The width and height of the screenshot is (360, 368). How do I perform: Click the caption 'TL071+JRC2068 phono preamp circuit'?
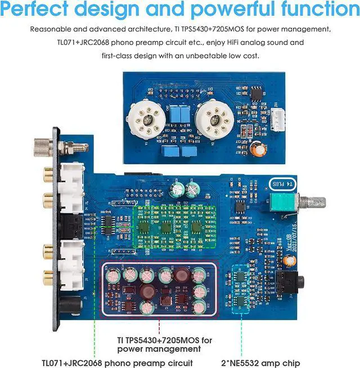click(118, 362)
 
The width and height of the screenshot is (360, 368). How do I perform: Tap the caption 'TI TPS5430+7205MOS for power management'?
click(164, 344)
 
